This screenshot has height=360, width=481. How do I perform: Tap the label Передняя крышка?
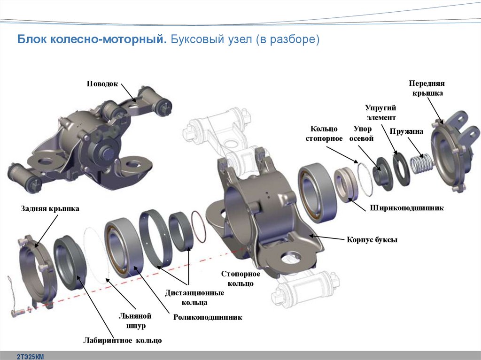coord(427,88)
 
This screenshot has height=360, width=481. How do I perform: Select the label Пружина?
coord(409,132)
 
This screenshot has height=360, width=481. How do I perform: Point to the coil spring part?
coord(421,165)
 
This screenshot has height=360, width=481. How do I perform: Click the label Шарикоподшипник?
coord(407,207)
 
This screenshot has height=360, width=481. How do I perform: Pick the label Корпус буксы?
coord(372,240)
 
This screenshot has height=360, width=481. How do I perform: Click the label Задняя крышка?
coord(50,209)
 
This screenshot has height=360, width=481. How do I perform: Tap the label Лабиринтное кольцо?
coord(123,340)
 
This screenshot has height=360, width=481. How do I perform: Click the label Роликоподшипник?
coord(208,317)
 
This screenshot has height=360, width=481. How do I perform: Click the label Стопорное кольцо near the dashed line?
coord(240,278)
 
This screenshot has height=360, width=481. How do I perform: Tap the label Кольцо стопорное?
coord(324,133)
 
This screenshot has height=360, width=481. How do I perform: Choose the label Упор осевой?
coord(361,133)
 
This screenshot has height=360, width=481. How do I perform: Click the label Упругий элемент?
coord(380,113)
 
